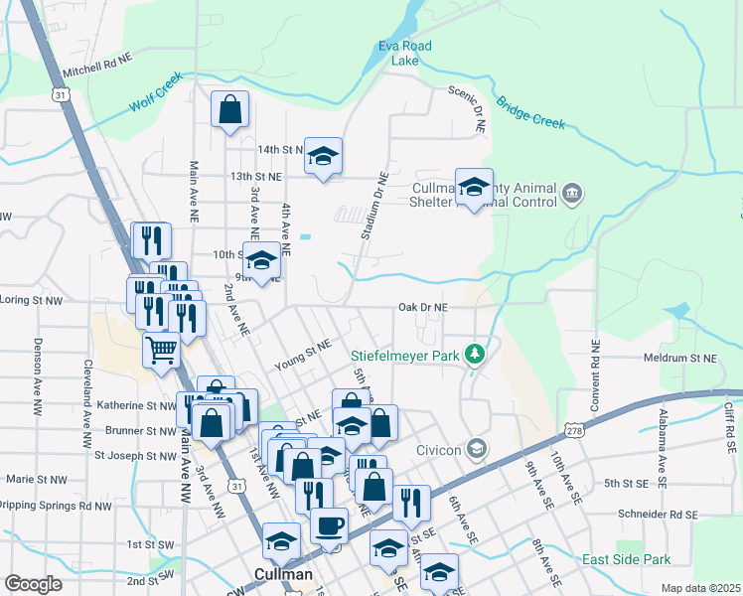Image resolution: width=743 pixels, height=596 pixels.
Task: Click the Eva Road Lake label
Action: pyautogui.click(x=405, y=53)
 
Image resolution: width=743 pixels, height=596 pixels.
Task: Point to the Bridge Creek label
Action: pyautogui.click(x=530, y=113)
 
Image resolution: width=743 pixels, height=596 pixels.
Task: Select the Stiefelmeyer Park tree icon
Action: pyautogui.click(x=476, y=353)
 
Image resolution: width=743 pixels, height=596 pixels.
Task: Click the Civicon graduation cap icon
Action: pyautogui.click(x=477, y=449)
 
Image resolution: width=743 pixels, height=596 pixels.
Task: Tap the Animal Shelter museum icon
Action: pyautogui.click(x=571, y=192)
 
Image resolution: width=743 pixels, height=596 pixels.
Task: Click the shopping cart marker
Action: pyautogui.click(x=161, y=351)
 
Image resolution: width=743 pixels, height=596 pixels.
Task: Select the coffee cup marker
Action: pyautogui.click(x=329, y=525)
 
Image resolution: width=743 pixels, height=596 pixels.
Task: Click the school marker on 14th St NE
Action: pyautogui.click(x=323, y=156)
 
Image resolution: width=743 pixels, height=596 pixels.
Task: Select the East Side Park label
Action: pyautogui.click(x=626, y=559)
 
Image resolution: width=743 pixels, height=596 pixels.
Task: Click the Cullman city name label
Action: pyautogui.click(x=284, y=574)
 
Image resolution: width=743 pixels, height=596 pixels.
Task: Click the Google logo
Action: pyautogui.click(x=33, y=584)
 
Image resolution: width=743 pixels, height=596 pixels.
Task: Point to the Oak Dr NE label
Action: pyautogui.click(x=423, y=308)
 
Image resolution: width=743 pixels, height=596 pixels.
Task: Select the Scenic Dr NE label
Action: pyautogui.click(x=467, y=107)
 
